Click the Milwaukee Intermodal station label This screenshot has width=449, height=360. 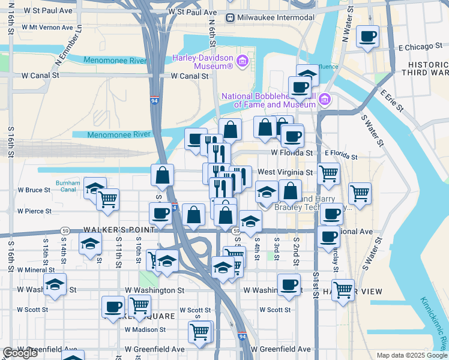pyautogui.click(x=276, y=17)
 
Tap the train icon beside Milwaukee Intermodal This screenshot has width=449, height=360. pyautogui.click(x=231, y=17)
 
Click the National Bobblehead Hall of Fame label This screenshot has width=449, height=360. pyautogui.click(x=268, y=100)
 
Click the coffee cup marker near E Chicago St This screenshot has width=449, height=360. pyautogui.click(x=367, y=36)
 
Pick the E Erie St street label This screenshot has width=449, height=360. pyautogui.click(x=392, y=101)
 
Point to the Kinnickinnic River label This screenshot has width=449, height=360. pyautogui.click(x=433, y=323)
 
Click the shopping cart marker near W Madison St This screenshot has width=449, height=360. pyautogui.click(x=199, y=331)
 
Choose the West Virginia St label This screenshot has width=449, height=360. pyautogui.click(x=286, y=172)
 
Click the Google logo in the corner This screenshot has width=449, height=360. pyautogui.click(x=20, y=353)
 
